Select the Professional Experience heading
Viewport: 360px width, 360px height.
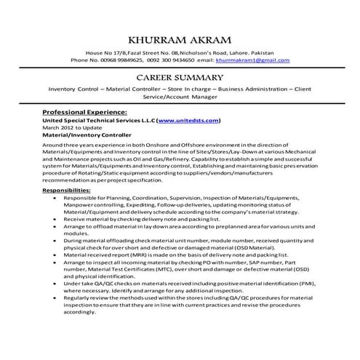tap(85, 113)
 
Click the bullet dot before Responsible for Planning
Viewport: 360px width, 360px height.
tap(48, 198)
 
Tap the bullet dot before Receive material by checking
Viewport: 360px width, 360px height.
tap(48, 218)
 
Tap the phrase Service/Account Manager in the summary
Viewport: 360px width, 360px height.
tap(180, 95)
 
